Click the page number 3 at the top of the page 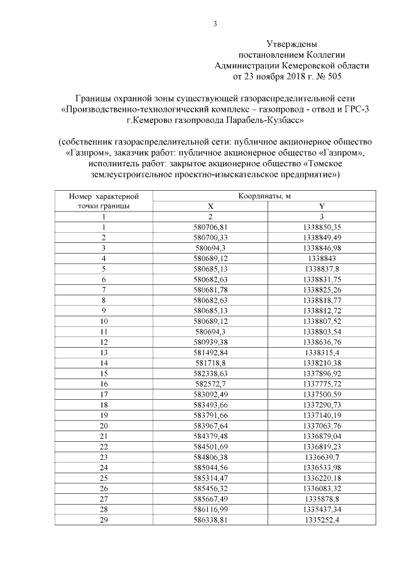coord(215,24)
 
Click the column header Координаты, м coord(264,196)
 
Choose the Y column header coord(322,206)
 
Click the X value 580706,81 coord(210,227)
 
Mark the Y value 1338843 coord(322,257)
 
